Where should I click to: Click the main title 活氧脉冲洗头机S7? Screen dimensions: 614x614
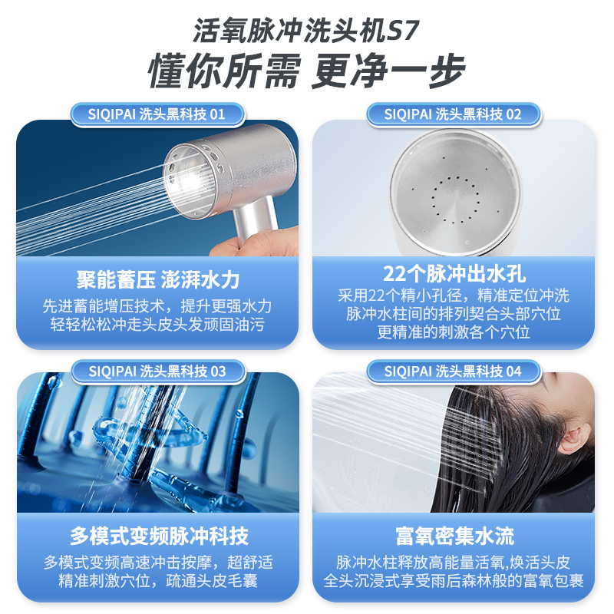click(306, 30)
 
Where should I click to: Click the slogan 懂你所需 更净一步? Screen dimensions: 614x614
click(306, 71)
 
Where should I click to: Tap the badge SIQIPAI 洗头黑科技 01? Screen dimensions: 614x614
click(157, 114)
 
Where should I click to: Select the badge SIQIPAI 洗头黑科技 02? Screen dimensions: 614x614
click(454, 114)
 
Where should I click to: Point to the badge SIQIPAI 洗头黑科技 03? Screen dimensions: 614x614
click(158, 371)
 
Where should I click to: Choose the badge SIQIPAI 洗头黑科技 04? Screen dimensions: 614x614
click(454, 371)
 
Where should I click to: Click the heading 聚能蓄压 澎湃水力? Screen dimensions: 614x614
click(157, 280)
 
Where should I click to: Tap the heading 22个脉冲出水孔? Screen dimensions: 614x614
click(454, 274)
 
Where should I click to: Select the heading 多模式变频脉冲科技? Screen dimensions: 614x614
click(159, 536)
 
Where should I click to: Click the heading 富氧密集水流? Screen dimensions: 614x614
click(454, 536)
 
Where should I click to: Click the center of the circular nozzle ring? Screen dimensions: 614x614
click(455, 200)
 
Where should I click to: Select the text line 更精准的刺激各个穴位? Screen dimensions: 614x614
click(454, 332)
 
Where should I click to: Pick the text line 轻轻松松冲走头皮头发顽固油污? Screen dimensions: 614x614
click(157, 325)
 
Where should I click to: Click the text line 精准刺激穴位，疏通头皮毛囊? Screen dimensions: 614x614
click(157, 581)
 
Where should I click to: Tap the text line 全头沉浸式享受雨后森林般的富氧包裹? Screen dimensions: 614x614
click(454, 581)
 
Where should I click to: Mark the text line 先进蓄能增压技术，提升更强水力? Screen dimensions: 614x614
click(157, 306)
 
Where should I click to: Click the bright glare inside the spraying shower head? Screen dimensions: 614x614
click(186, 181)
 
